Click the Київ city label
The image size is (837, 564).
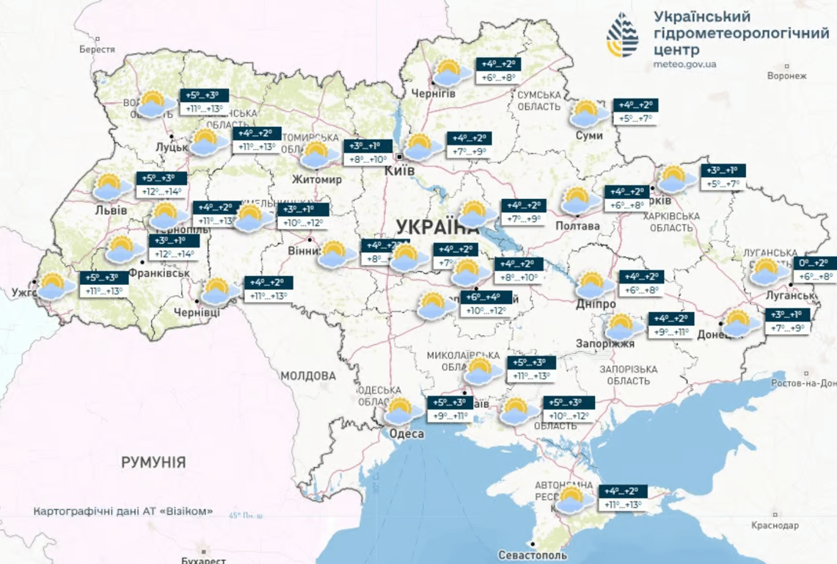pos(400,170)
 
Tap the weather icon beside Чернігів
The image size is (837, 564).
pos(447,73)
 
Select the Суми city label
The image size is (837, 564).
pos(588,135)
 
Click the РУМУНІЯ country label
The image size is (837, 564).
pos(153,463)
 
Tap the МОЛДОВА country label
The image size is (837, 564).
pos(308,375)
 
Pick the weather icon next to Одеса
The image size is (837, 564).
pos(401,411)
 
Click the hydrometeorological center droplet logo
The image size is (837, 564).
pos(622,35)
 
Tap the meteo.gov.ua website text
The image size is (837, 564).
pos(684,64)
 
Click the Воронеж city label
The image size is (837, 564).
pos(786,76)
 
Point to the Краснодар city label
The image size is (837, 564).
pos(775,525)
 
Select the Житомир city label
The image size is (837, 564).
pos(316,179)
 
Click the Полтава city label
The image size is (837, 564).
pos(579,225)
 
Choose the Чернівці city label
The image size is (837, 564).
pos(197,312)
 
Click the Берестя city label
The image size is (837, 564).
pos(98,49)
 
